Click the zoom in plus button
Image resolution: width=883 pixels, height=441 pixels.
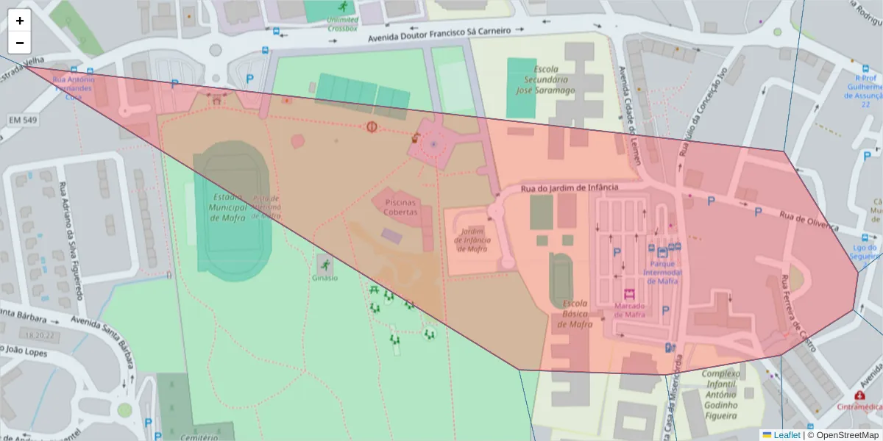tap(20, 21)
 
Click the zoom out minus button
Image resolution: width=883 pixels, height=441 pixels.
tap(20, 42)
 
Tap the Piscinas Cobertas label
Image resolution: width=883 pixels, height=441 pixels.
tap(400, 207)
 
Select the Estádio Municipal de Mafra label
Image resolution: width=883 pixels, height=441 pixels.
tap(227, 207)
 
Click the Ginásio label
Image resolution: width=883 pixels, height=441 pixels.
tap(325, 278)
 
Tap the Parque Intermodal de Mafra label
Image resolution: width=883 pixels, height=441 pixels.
tap(662, 273)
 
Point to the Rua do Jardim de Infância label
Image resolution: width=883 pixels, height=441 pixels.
tap(570, 189)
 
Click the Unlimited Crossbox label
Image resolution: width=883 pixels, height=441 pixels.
tap(343, 24)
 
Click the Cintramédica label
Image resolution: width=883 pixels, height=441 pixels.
tap(859, 406)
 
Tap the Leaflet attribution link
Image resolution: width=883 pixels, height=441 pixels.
tap(787, 435)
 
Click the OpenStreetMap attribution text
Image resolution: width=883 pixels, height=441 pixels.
tap(847, 435)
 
